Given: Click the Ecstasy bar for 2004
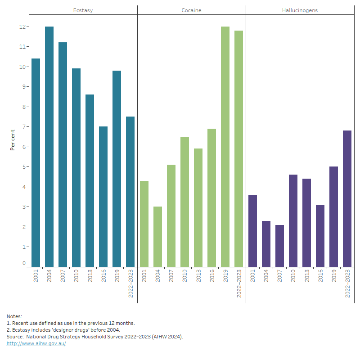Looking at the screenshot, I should tap(49, 146).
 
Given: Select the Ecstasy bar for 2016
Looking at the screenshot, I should tap(103, 197).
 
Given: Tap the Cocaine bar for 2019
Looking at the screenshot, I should tap(225, 146).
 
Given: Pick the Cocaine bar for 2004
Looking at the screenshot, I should tap(157, 237).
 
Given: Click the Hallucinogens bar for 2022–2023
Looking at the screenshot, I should tap(347, 198).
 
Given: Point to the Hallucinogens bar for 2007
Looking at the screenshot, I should tap(279, 246).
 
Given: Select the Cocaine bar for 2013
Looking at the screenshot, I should tap(198, 207).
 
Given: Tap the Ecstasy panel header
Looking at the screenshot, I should tap(83, 10).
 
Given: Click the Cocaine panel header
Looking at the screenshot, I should tap(192, 10).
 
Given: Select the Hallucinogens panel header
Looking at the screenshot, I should tap(300, 10).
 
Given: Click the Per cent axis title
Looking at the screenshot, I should tap(13, 140).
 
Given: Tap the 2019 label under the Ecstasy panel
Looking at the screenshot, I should tap(117, 276).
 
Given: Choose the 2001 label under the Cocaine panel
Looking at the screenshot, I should tap(144, 276).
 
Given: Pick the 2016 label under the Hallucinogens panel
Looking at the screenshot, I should tap(320, 276).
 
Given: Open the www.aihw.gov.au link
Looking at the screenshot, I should tap(36, 343).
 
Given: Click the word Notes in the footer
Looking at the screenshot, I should tap(14, 316).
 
